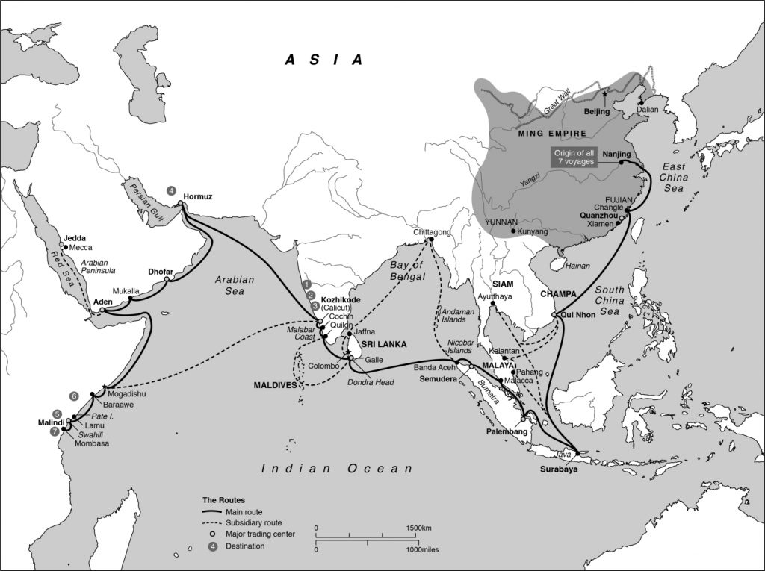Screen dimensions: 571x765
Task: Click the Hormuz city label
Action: click(x=198, y=197)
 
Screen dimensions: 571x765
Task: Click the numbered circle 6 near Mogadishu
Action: click(x=73, y=396)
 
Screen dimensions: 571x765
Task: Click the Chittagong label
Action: click(x=432, y=233)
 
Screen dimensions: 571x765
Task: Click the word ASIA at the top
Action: click(x=324, y=60)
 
